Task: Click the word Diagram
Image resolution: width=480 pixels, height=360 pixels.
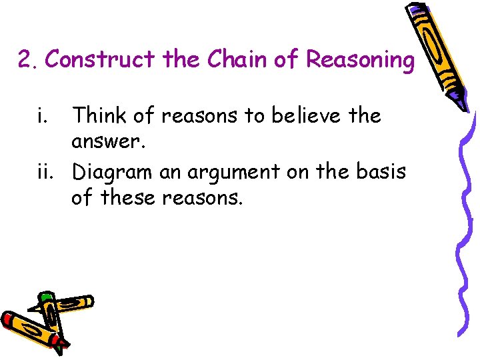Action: click(113, 172)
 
